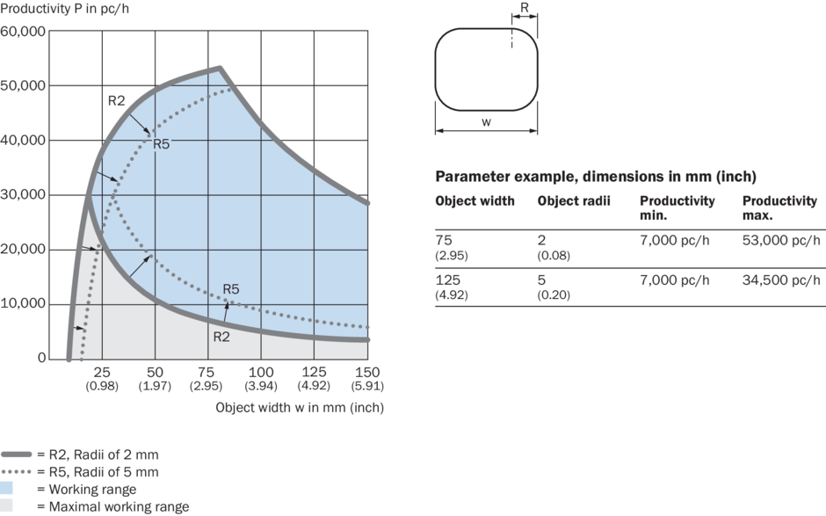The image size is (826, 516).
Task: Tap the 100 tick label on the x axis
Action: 261,372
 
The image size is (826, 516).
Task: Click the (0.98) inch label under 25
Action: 103,386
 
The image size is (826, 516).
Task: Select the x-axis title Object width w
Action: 300,407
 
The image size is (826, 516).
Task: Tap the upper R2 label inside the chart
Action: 117,100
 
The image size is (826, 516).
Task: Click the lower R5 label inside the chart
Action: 231,288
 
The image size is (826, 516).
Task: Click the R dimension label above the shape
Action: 525,8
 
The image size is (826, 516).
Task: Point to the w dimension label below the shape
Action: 486,121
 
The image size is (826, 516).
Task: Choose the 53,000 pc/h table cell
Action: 781,239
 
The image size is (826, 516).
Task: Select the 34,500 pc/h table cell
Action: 781,280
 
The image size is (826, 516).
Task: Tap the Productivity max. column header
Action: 779,207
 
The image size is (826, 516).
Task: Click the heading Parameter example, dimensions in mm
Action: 596,176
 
